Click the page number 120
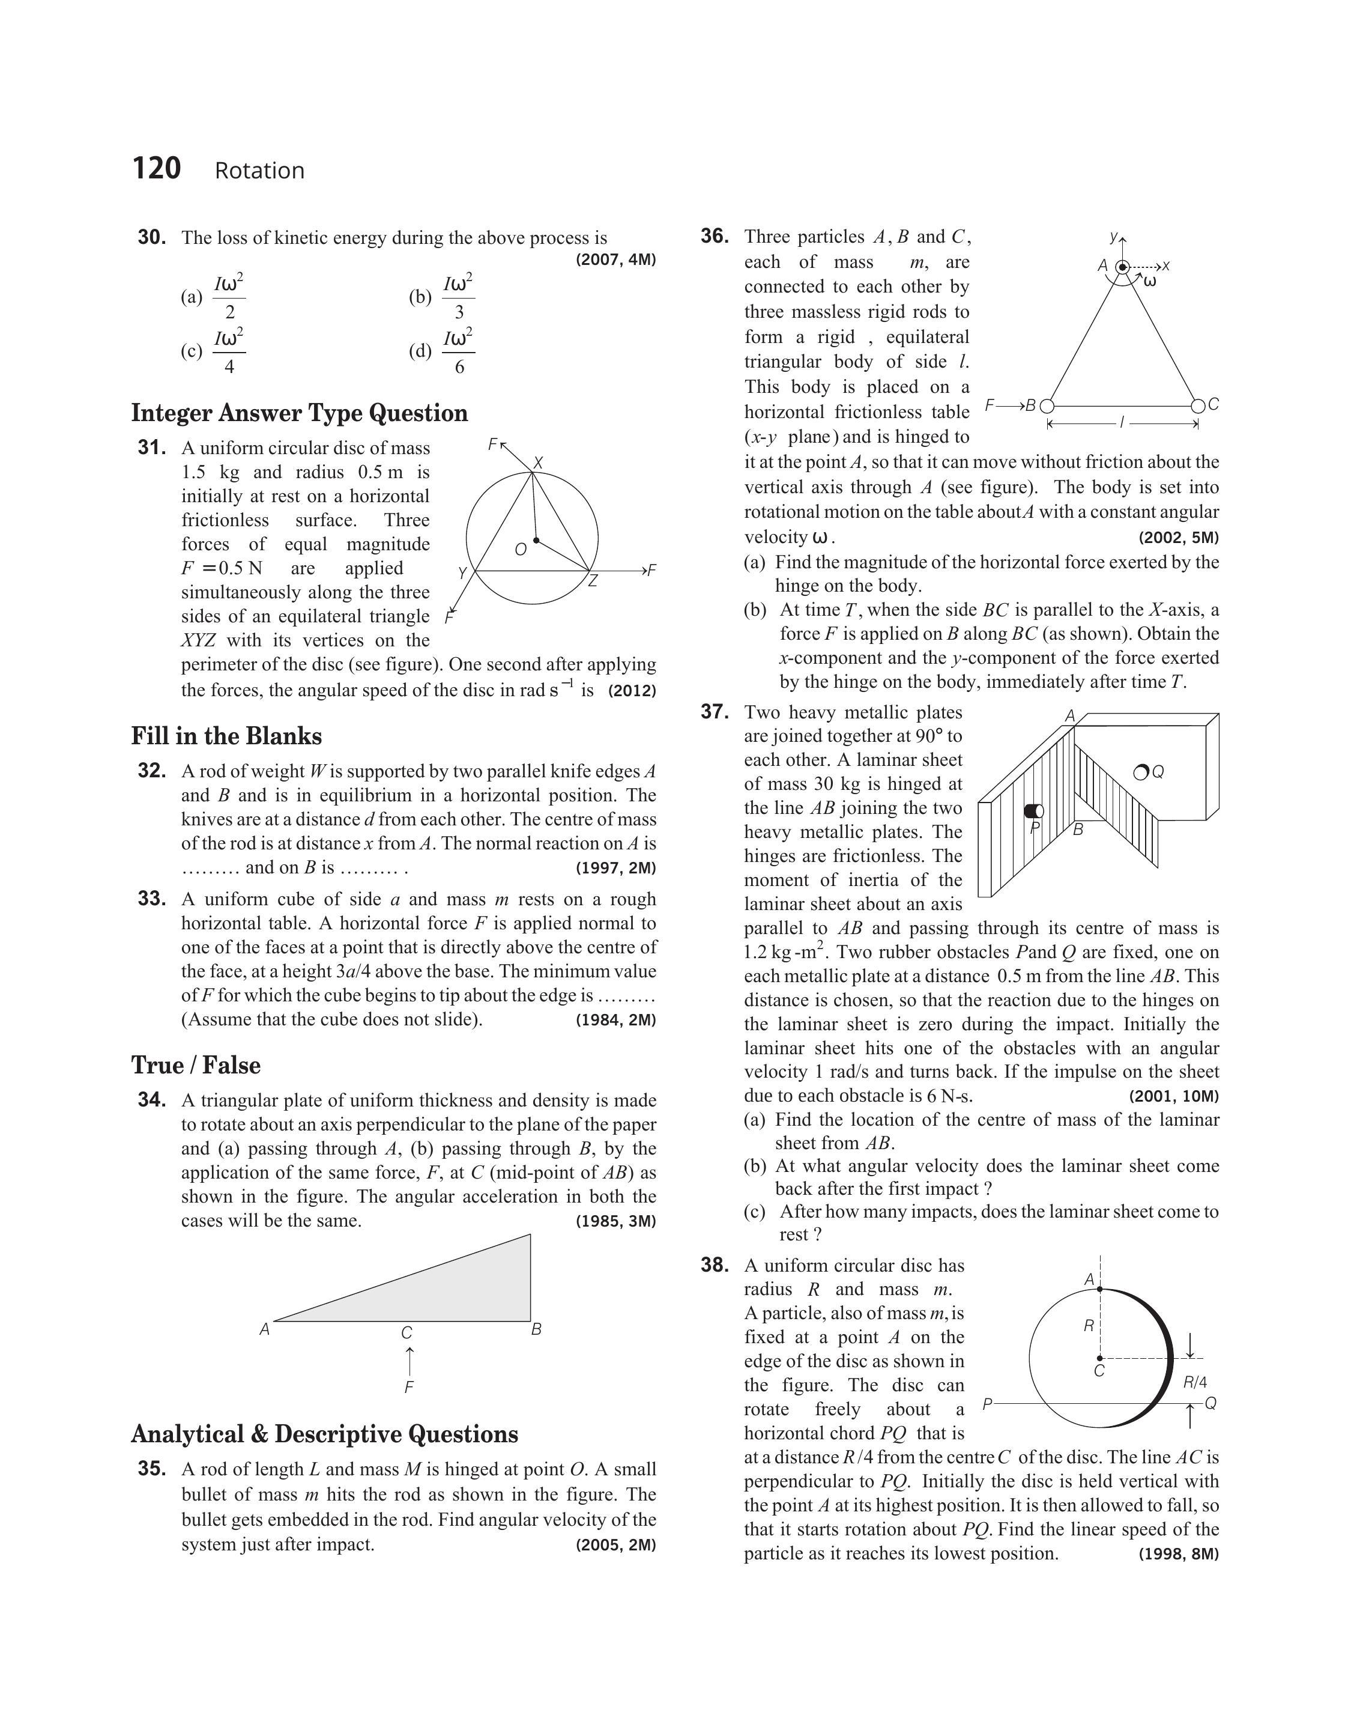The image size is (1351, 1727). tap(157, 169)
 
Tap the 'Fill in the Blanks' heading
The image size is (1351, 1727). tap(226, 736)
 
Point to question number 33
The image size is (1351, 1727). tap(152, 899)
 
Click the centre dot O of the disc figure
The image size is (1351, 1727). tap(536, 541)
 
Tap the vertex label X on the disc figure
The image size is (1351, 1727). tap(539, 463)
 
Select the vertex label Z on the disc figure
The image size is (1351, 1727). tap(593, 581)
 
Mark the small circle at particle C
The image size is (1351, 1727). tap(1198, 406)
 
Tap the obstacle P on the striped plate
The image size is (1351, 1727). tap(1034, 811)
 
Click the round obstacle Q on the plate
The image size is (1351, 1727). tap(1141, 772)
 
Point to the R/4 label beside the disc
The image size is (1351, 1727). tap(1194, 1382)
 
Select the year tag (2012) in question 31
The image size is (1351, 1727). tap(632, 691)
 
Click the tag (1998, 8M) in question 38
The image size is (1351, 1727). tap(1179, 1554)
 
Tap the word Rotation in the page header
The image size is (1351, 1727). tap(259, 171)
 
